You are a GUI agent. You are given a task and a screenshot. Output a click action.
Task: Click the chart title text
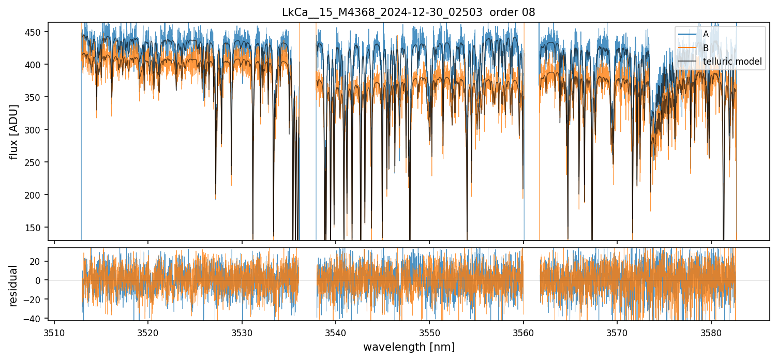click(x=409, y=12)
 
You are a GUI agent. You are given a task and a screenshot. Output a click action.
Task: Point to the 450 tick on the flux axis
click(x=36, y=32)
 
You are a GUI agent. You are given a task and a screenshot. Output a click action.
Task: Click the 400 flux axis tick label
click(x=36, y=65)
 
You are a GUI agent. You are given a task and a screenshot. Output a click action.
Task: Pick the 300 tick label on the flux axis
click(x=36, y=130)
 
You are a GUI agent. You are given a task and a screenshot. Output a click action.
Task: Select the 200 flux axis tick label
click(x=36, y=195)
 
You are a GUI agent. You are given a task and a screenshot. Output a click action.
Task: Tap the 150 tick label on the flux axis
click(x=36, y=228)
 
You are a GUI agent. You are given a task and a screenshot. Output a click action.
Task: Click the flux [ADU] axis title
click(x=14, y=131)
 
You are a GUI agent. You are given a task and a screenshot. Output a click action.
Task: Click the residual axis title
click(x=14, y=286)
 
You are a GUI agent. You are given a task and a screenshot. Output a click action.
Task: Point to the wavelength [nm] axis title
click(x=409, y=347)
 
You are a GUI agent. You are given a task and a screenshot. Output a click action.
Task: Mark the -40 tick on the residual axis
click(x=35, y=319)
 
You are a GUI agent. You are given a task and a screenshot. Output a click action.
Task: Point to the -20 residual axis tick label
click(x=35, y=299)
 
